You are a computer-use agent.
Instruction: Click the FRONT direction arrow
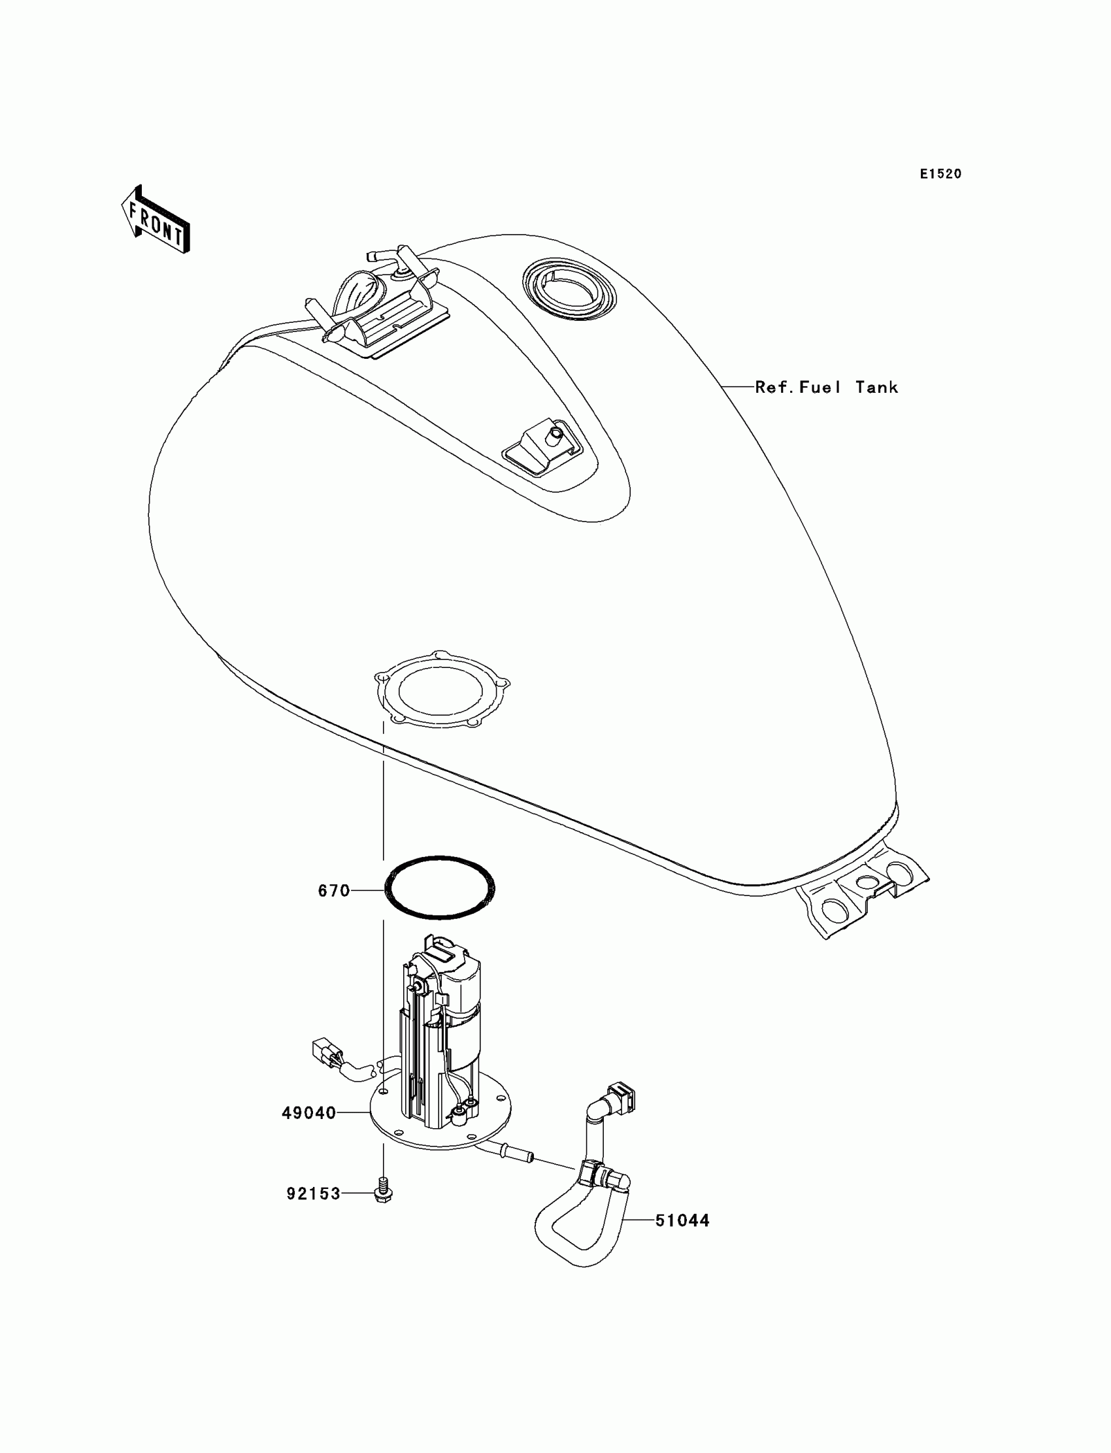click(x=156, y=220)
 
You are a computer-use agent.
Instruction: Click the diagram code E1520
click(x=940, y=174)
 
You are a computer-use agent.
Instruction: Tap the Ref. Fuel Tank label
click(x=826, y=387)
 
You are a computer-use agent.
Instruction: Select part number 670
click(x=334, y=891)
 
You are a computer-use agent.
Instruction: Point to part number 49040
click(x=309, y=1113)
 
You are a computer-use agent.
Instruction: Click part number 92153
click(x=313, y=1194)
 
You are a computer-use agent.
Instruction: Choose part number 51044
click(x=682, y=1220)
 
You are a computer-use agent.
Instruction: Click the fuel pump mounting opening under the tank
click(x=441, y=690)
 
